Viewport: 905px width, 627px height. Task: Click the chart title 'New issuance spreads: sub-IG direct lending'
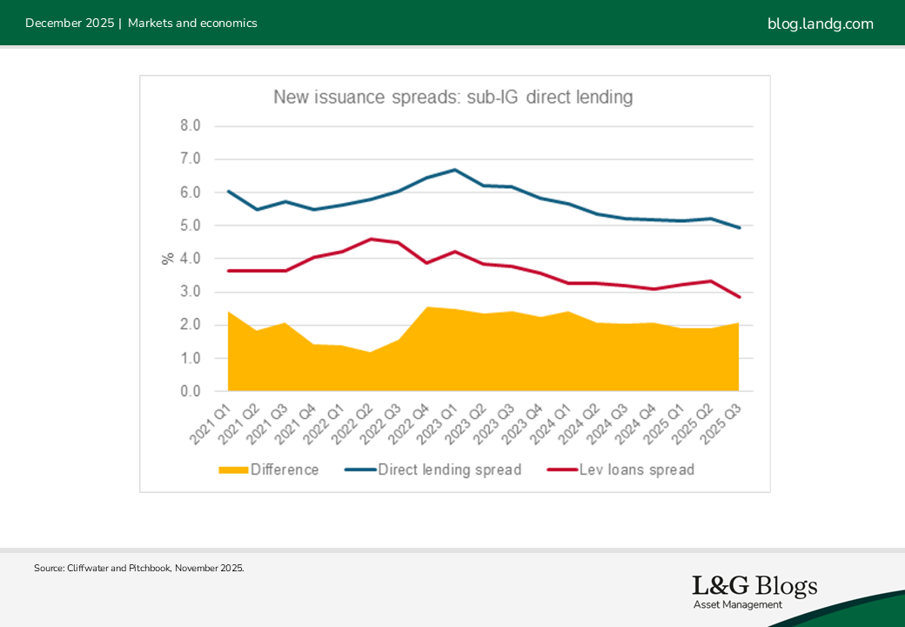pos(452,97)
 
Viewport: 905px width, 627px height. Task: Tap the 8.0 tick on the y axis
pos(190,125)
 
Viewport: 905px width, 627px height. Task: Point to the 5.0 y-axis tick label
pos(190,226)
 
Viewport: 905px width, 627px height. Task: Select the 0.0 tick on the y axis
pos(190,392)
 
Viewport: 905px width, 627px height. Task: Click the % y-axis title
pos(168,259)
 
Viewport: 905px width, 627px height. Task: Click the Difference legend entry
pos(269,470)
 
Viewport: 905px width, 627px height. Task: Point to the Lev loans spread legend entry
pos(621,470)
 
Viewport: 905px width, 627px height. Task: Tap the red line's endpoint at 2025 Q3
pos(739,297)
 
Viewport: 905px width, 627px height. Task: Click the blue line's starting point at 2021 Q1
pos(228,191)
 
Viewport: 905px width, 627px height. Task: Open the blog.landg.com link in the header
pos(820,24)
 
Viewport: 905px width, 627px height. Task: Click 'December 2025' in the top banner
pos(70,24)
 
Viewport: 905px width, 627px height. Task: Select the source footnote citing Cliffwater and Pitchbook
pos(139,568)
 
